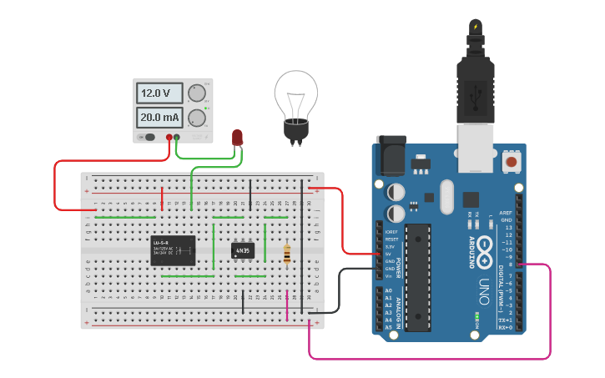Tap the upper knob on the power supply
197,93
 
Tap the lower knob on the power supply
197,118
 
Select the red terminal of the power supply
169,137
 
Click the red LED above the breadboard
237,138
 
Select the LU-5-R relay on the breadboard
173,249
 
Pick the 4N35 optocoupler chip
243,250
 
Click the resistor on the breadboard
287,254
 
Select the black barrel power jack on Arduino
390,155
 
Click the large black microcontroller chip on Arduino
417,276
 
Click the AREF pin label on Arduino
506,213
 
